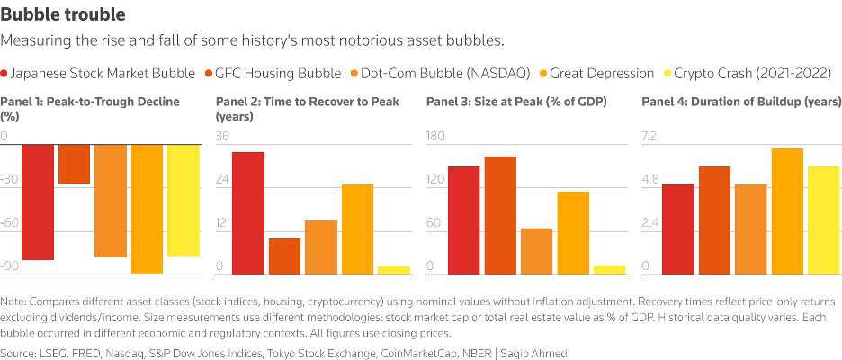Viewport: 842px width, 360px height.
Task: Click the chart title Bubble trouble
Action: [x=63, y=15]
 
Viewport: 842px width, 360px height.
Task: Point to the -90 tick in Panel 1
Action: [x=10, y=266]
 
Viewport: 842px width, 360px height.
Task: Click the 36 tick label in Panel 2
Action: [x=222, y=137]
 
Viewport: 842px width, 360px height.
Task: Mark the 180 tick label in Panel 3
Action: [x=435, y=137]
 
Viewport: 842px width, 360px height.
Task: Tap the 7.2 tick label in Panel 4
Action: [x=649, y=137]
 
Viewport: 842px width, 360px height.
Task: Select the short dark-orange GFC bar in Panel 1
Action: [x=74, y=164]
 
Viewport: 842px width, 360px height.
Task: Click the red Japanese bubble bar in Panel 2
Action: [x=247, y=212]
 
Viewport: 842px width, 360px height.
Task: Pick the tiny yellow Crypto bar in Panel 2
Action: [x=393, y=270]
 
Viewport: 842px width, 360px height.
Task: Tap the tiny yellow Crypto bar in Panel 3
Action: [x=609, y=269]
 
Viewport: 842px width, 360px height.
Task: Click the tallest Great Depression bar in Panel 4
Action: [x=787, y=211]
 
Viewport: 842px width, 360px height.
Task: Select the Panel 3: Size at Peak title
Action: [x=516, y=102]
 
